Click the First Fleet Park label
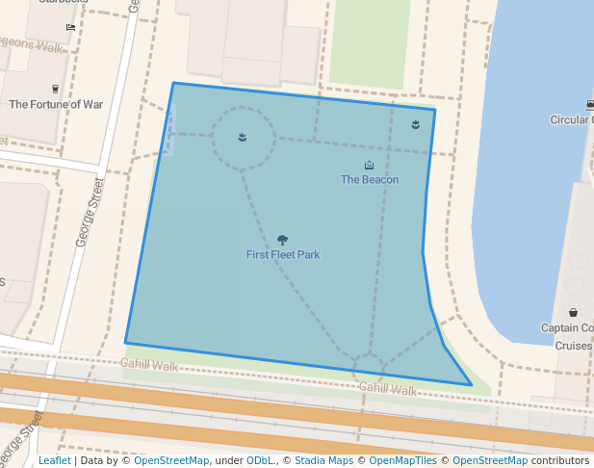(x=283, y=255)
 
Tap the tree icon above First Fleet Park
(x=282, y=240)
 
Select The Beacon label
(x=370, y=179)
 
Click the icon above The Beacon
(x=370, y=166)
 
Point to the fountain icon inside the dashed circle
(x=243, y=137)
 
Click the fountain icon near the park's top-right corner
(x=415, y=125)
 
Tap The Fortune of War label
(x=56, y=104)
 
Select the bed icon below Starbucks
(x=70, y=27)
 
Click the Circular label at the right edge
(x=571, y=120)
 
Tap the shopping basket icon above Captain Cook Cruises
(x=574, y=312)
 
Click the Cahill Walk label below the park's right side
(x=388, y=390)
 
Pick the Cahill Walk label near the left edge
(x=149, y=366)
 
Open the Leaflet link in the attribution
(x=54, y=460)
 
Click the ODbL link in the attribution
(x=260, y=460)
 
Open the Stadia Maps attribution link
(x=323, y=460)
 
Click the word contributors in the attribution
(x=560, y=460)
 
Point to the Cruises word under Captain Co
(x=573, y=345)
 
